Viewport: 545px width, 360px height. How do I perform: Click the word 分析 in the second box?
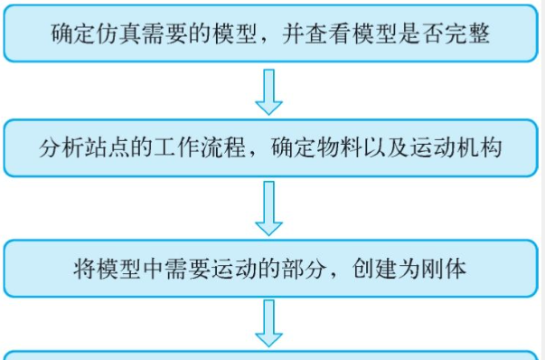[x=62, y=147]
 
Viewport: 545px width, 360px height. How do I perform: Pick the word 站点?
[x=109, y=147]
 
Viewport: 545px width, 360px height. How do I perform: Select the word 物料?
[x=339, y=147]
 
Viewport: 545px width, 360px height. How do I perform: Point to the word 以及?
[x=386, y=147]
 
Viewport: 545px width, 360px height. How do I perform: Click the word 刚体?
[x=445, y=267]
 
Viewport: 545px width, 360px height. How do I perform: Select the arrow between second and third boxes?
[x=268, y=207]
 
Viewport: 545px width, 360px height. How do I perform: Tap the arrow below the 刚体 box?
[x=268, y=324]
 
